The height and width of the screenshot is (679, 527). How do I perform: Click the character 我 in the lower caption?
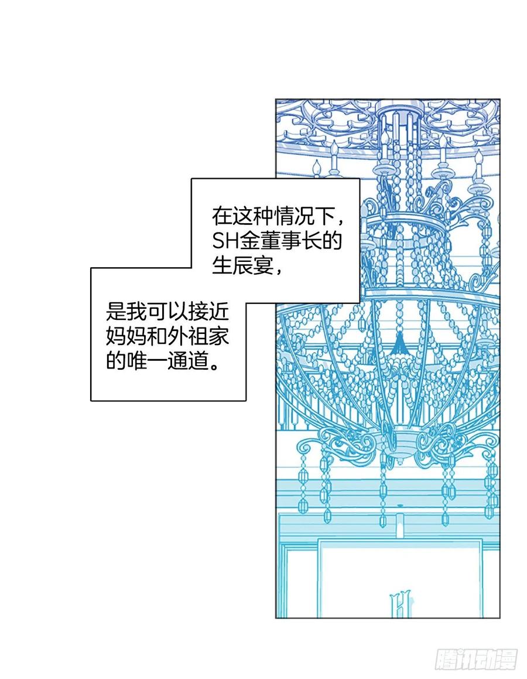click(139, 311)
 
